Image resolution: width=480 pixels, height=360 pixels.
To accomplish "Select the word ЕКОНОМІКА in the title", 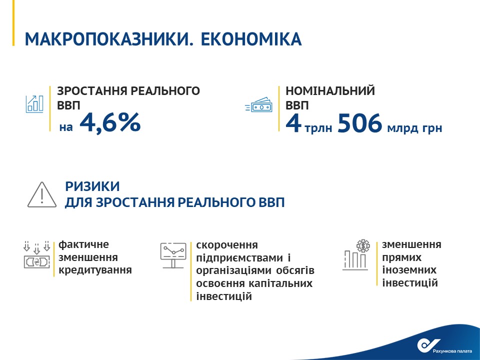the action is (x=251, y=39).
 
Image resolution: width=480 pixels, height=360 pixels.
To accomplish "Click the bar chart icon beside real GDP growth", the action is (x=34, y=104).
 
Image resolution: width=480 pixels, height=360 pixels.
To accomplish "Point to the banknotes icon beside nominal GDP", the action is (x=258, y=104).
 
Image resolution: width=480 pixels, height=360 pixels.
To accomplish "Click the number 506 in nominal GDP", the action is (x=359, y=123).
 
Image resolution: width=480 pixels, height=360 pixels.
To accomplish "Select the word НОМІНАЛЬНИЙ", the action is (x=330, y=91).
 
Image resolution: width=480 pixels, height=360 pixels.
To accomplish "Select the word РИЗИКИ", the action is (x=92, y=186).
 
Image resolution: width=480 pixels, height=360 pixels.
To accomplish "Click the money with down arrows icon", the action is (x=36, y=255).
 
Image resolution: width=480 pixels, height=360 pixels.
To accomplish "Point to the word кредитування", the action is (x=95, y=270).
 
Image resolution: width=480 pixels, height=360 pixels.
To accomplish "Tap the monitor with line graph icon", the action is (x=173, y=255).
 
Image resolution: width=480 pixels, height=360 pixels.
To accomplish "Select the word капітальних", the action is (x=280, y=283).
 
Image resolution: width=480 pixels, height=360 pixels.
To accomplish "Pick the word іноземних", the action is (x=409, y=270).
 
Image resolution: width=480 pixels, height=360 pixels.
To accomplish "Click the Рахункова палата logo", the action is (x=444, y=346).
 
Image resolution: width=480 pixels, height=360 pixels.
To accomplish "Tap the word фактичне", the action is (x=83, y=244).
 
